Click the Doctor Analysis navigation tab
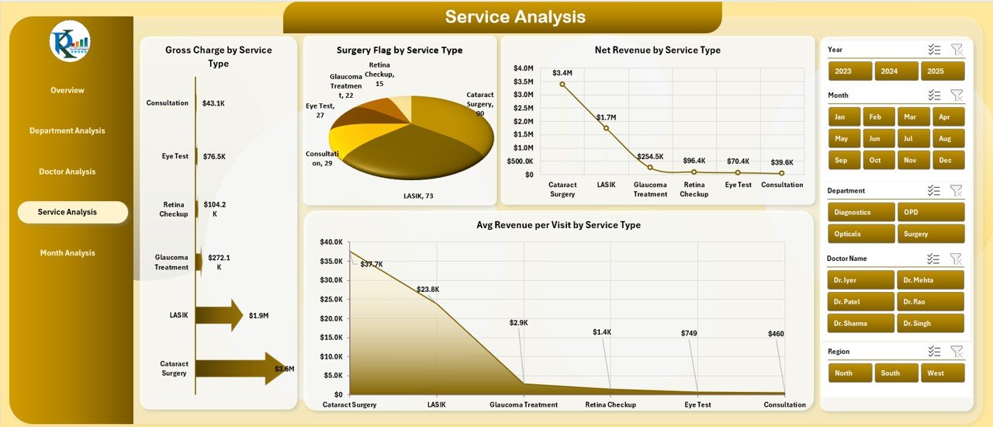tap(67, 172)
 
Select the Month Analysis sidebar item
tap(67, 253)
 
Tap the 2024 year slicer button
tap(896, 71)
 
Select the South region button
tap(896, 373)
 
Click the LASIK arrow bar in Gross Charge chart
tap(219, 314)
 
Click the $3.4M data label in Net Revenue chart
tap(562, 73)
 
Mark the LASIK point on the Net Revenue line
tap(606, 128)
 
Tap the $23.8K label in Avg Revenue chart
tap(427, 290)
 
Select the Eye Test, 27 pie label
tap(320, 110)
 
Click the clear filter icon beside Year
tap(957, 50)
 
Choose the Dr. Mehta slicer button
tap(930, 280)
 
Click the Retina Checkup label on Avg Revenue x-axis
tap(611, 404)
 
